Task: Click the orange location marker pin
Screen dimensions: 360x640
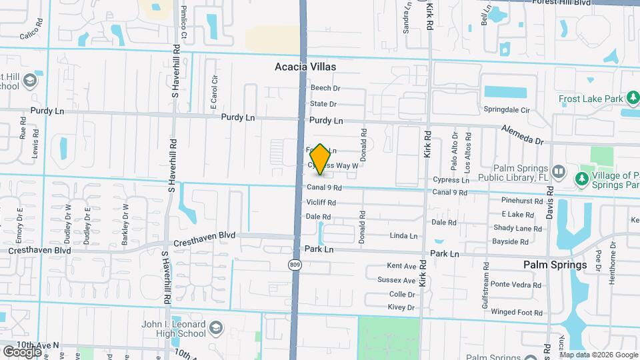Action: click(x=320, y=159)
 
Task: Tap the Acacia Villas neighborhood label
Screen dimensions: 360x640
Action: click(x=305, y=67)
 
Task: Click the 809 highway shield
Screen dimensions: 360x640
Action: click(x=295, y=265)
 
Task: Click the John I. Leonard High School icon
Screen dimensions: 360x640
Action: click(x=216, y=328)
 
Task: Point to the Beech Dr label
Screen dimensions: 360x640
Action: click(x=325, y=88)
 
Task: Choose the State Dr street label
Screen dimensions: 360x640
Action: click(x=323, y=104)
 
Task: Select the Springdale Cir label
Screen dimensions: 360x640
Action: click(x=506, y=110)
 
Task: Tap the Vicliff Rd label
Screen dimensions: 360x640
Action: click(x=321, y=203)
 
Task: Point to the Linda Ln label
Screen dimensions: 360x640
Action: click(x=403, y=236)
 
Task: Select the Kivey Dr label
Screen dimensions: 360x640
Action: click(x=401, y=307)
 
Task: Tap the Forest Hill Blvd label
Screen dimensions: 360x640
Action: click(x=563, y=3)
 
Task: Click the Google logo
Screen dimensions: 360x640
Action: click(x=22, y=351)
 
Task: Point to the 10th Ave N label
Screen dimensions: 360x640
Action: click(x=38, y=345)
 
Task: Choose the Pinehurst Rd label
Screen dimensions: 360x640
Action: click(x=523, y=201)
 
